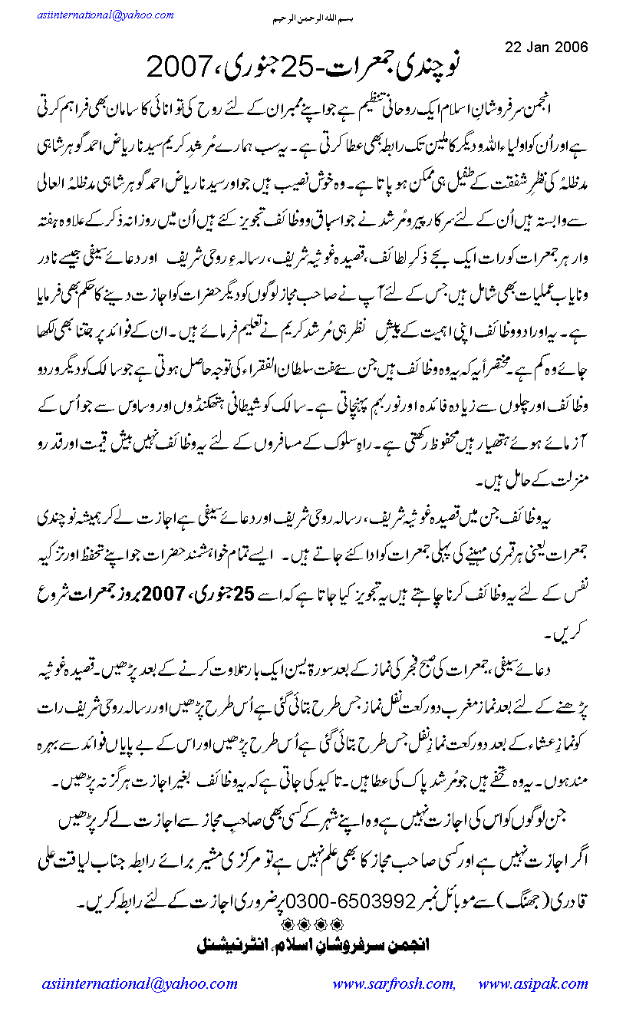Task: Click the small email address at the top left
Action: click(94, 15)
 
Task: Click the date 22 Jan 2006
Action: click(547, 47)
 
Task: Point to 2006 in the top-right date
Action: click(572, 47)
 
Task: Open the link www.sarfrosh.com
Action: click(394, 984)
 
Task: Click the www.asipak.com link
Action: click(532, 984)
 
